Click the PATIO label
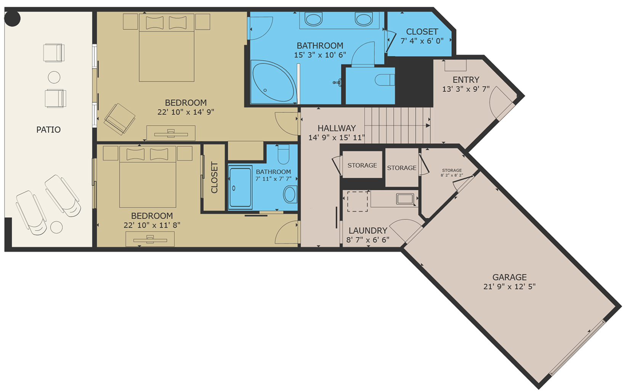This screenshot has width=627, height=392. (48, 130)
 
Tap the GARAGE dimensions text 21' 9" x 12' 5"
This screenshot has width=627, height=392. (509, 287)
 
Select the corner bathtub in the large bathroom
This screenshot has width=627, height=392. (273, 81)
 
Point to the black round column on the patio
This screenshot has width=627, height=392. (12, 19)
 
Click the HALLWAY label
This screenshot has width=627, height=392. (337, 128)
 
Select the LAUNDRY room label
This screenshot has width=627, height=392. (368, 230)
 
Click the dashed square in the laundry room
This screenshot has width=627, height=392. (358, 201)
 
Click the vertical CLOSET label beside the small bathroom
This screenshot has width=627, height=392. (214, 178)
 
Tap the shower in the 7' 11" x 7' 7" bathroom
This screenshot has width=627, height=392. (240, 187)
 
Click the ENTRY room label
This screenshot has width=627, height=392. (466, 80)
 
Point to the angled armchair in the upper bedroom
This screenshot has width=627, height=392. (120, 118)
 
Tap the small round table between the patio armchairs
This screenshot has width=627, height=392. (54, 77)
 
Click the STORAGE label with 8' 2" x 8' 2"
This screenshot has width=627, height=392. (452, 170)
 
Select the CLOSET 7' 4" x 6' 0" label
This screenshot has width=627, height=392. (422, 32)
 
